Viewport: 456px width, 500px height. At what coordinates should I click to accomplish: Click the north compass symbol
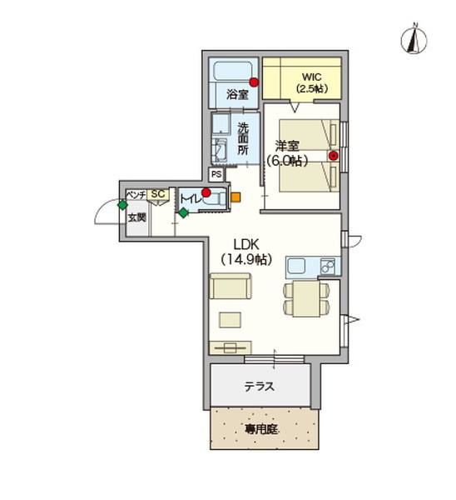coord(414,40)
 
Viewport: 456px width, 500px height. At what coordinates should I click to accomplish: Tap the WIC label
coord(312,77)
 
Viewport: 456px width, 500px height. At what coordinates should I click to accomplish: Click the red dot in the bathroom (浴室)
coord(254,82)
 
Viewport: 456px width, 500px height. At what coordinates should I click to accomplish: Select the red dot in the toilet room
coord(206,192)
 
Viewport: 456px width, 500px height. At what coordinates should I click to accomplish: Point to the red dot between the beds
coord(334,156)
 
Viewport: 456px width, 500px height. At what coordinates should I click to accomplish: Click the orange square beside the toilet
coord(235,197)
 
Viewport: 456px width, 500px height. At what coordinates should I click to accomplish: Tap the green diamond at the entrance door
coord(122,205)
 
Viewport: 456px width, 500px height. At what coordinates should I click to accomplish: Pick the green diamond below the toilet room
coord(183,212)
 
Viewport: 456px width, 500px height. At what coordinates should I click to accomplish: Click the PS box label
coord(216,175)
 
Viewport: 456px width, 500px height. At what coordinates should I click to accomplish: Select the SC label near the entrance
coord(158,194)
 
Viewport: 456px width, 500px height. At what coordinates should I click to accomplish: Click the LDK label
coord(246,245)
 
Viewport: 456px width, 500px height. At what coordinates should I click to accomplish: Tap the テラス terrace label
coord(260,387)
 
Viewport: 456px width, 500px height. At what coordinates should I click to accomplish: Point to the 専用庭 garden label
coord(260,429)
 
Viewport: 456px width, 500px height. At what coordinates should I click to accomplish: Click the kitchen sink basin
coord(296,265)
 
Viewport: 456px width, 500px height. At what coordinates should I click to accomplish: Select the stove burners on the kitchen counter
coord(328,266)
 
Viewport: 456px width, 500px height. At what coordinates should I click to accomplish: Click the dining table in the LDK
coord(306,298)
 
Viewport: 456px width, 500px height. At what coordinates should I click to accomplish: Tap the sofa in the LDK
coord(230,286)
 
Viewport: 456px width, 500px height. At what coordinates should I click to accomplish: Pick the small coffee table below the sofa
coord(230,320)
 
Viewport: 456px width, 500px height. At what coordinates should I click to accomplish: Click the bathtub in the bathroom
coord(234,72)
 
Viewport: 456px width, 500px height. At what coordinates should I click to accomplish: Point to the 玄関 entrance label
coord(137,217)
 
